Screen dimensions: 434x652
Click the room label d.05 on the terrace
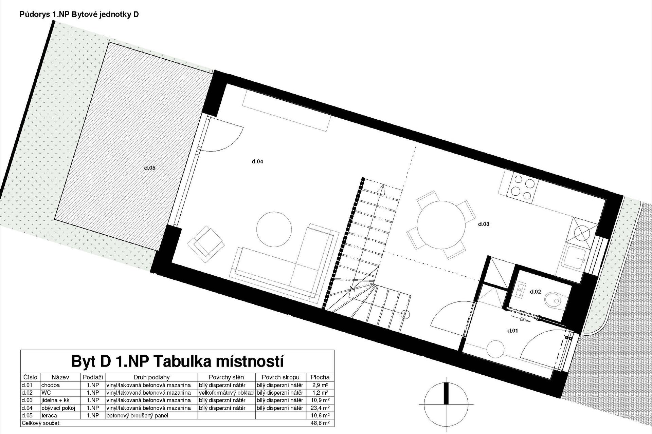[150, 168]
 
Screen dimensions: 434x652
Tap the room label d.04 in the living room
[257, 162]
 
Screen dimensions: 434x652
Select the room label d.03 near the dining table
[484, 224]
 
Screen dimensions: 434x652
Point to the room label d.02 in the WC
[535, 292]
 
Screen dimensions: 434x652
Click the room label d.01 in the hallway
[512, 331]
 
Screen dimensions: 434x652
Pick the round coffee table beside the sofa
[274, 229]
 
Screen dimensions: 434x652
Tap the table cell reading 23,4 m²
[320, 408]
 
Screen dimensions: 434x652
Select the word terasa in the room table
[49, 415]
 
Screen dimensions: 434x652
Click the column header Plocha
[320, 377]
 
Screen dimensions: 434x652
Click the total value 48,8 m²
[320, 423]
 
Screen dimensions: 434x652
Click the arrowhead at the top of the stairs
[382, 189]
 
